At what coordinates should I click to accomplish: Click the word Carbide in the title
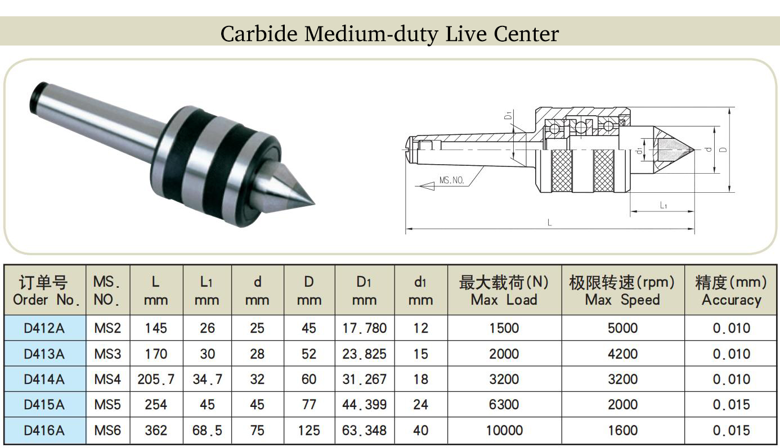[259, 34]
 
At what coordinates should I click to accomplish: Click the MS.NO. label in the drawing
[452, 180]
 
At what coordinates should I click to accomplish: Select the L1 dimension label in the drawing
[664, 205]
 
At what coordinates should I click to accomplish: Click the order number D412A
[44, 328]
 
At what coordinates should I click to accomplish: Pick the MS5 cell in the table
[107, 405]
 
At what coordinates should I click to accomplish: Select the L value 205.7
[156, 379]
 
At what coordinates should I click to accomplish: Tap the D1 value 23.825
[364, 354]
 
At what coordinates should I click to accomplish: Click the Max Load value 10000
[504, 430]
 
